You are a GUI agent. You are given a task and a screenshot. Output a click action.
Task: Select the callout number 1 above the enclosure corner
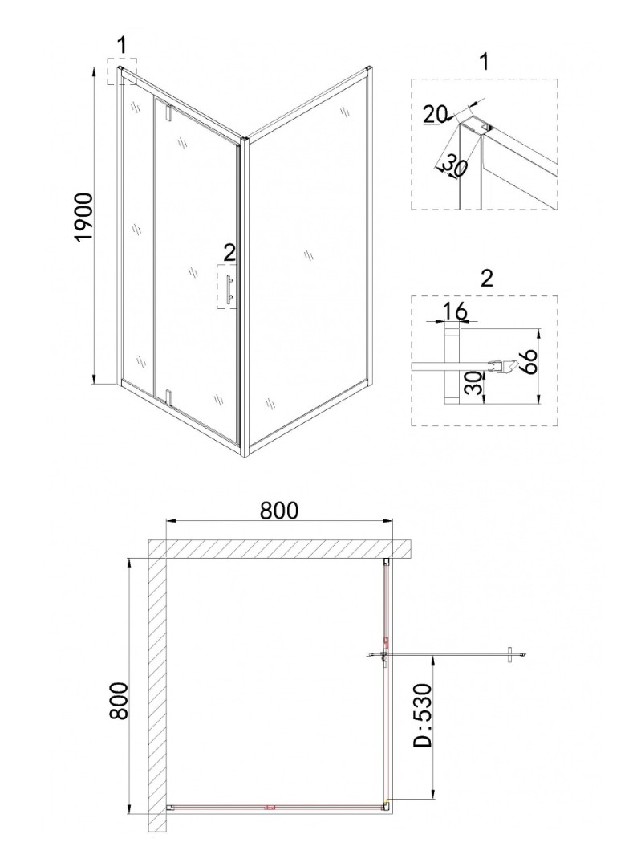pyautogui.click(x=122, y=45)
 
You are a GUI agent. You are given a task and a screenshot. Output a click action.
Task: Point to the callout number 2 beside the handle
pyautogui.click(x=229, y=253)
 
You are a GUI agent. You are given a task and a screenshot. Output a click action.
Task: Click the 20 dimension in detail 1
pyautogui.click(x=436, y=115)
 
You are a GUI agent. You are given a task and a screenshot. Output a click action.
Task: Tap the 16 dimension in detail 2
pyautogui.click(x=455, y=311)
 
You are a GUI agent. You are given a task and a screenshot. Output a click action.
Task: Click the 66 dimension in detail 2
pyautogui.click(x=529, y=361)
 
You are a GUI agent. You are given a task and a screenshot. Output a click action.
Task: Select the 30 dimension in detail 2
pyautogui.click(x=473, y=382)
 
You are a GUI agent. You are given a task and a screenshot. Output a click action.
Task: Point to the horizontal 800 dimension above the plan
pyautogui.click(x=278, y=510)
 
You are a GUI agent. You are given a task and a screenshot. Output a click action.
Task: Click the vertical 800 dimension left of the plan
pyautogui.click(x=119, y=701)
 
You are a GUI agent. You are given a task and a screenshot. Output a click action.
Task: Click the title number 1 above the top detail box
pyautogui.click(x=484, y=62)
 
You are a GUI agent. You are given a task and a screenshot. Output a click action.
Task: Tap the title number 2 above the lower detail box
pyautogui.click(x=486, y=278)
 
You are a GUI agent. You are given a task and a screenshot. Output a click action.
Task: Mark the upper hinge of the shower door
pyautogui.click(x=169, y=112)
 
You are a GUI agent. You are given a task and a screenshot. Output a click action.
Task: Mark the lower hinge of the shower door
pyautogui.click(x=170, y=397)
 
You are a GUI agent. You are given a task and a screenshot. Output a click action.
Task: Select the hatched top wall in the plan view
pyautogui.click(x=281, y=548)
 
